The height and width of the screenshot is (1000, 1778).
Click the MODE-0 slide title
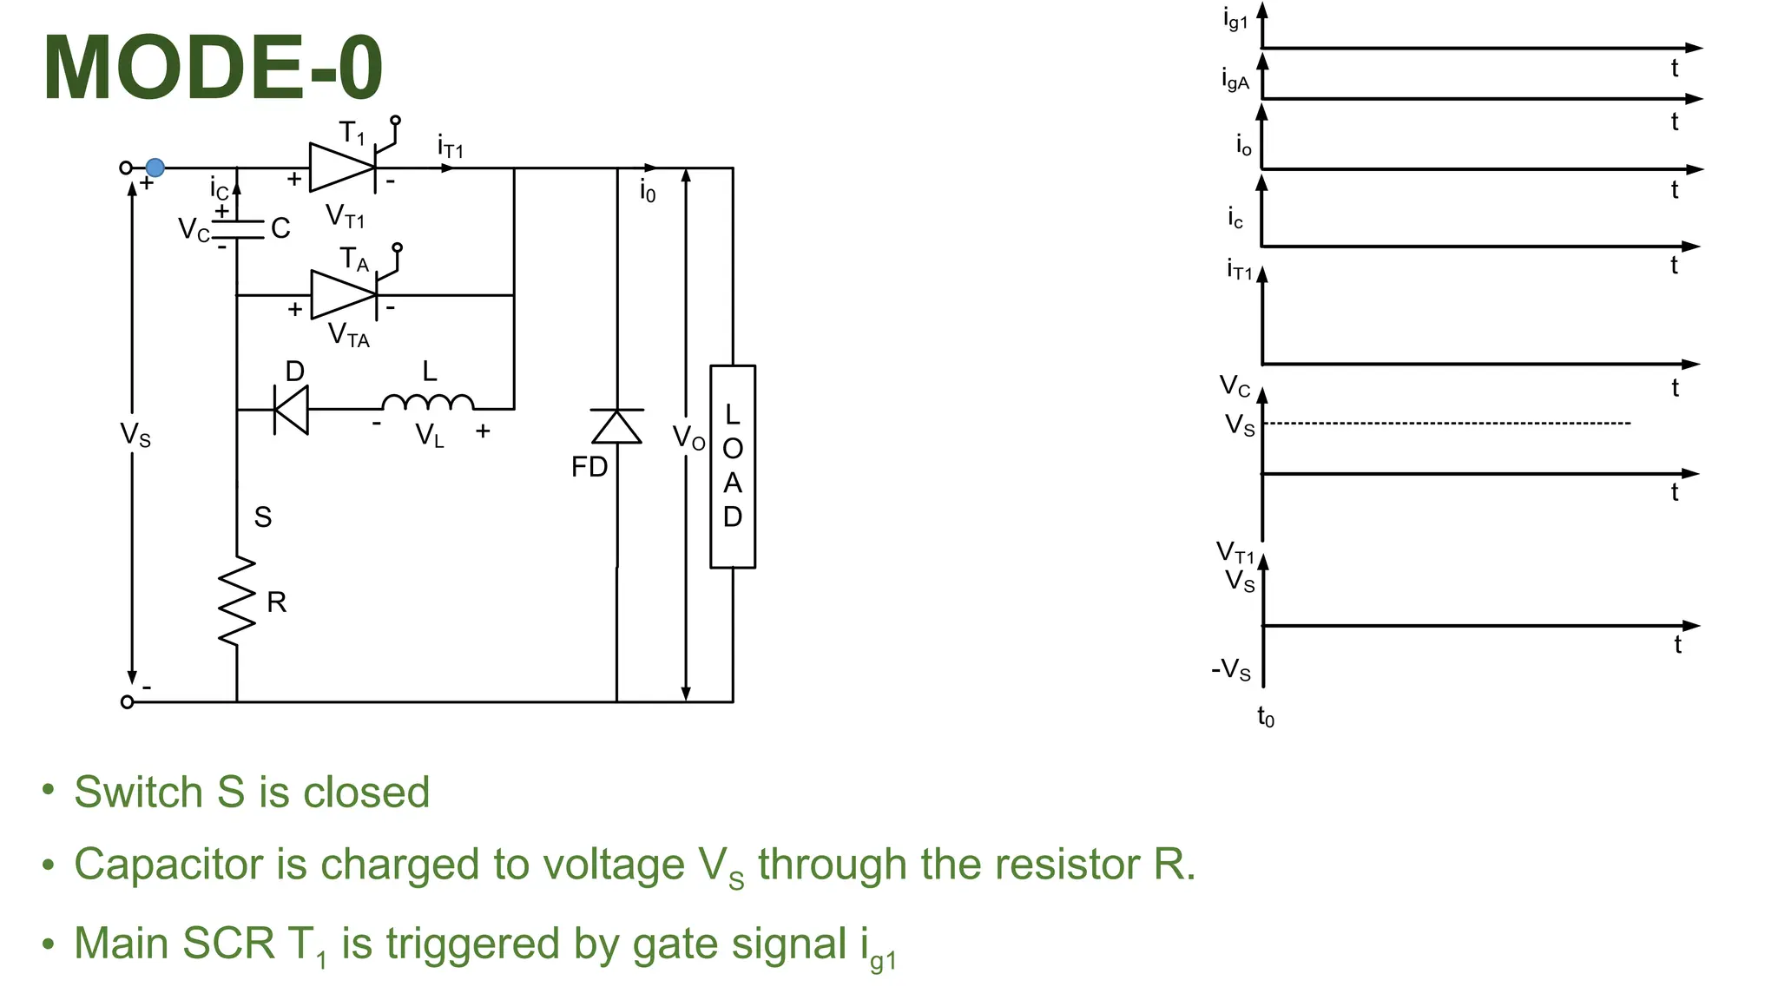213,68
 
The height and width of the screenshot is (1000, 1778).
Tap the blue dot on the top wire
155,168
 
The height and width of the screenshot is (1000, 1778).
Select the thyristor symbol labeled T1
342,168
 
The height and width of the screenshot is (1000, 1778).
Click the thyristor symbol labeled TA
344,295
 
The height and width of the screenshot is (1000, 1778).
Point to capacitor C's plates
237,229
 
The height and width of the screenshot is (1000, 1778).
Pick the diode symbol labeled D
291,409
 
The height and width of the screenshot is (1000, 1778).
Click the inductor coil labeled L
428,403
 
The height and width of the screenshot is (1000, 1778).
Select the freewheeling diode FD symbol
616,426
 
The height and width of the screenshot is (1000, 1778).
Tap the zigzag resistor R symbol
237,601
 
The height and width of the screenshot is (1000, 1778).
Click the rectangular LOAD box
733,467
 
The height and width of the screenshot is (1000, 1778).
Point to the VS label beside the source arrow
135,434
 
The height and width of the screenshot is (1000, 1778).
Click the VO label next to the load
689,438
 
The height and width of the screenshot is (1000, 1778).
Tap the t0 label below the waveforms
1266,717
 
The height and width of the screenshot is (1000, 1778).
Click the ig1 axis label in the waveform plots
1235,18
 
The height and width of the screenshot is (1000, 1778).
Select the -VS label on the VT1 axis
1231,669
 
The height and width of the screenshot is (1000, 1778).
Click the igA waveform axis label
1235,80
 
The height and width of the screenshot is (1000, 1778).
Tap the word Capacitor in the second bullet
190,865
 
